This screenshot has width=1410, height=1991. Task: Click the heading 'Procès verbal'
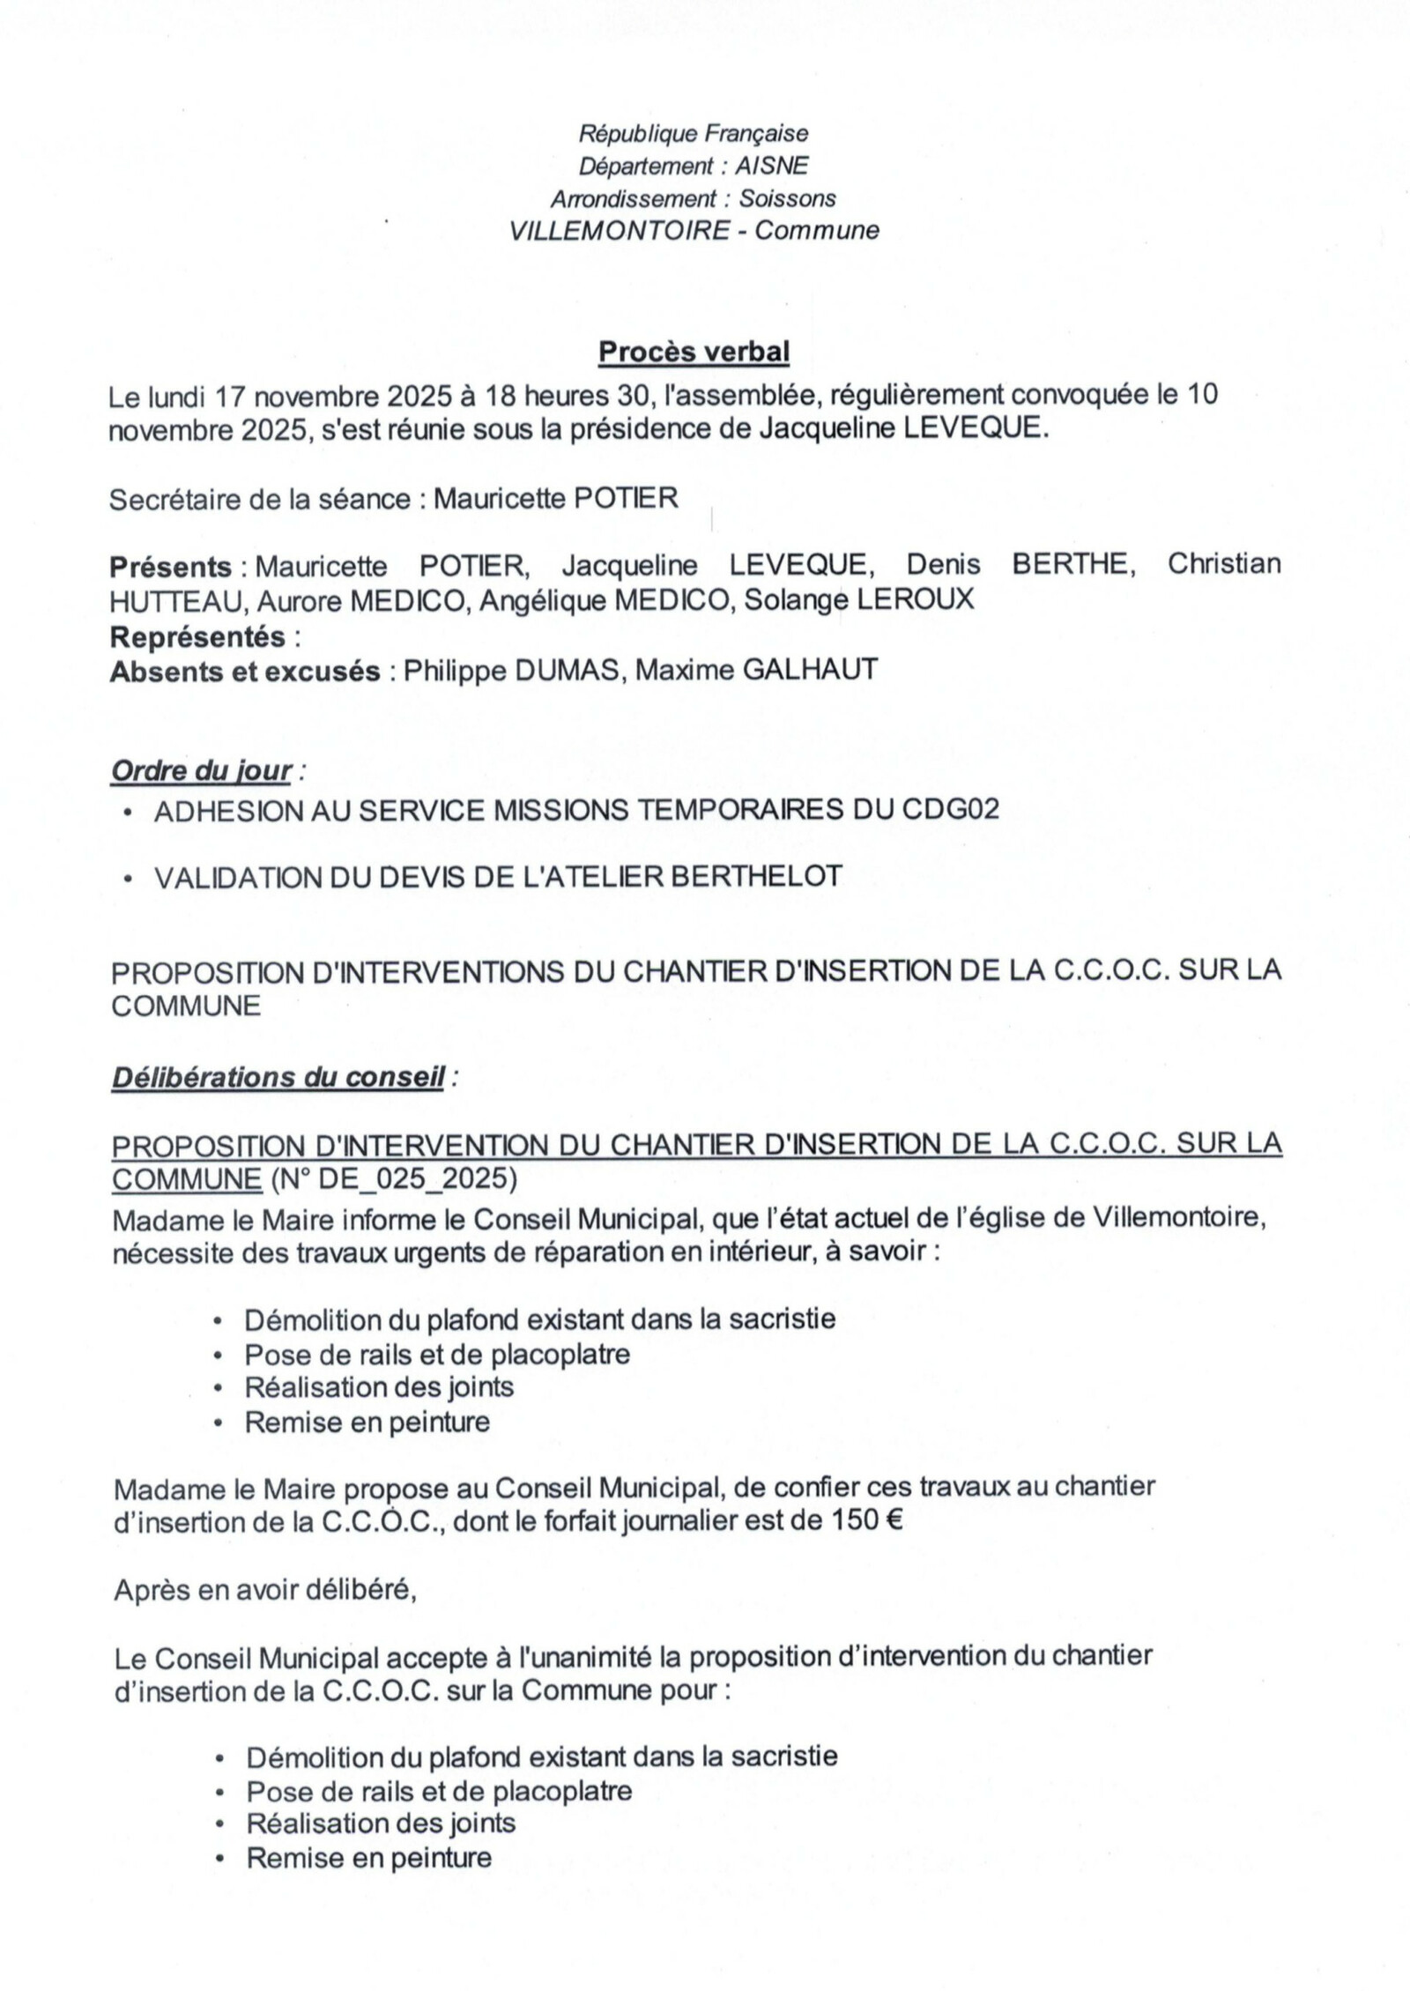[x=694, y=353]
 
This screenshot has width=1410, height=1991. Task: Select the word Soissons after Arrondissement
[x=787, y=199]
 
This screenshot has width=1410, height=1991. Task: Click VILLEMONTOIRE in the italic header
[x=620, y=231]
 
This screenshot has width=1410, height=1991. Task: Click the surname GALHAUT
[x=811, y=671]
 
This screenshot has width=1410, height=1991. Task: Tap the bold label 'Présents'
[x=170, y=566]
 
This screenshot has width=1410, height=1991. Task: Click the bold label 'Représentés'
[x=197, y=636]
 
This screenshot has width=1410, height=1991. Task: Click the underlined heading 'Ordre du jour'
[x=201, y=771]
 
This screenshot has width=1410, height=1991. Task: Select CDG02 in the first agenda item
[x=951, y=809]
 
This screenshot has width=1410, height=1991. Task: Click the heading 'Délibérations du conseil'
[x=277, y=1078]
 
